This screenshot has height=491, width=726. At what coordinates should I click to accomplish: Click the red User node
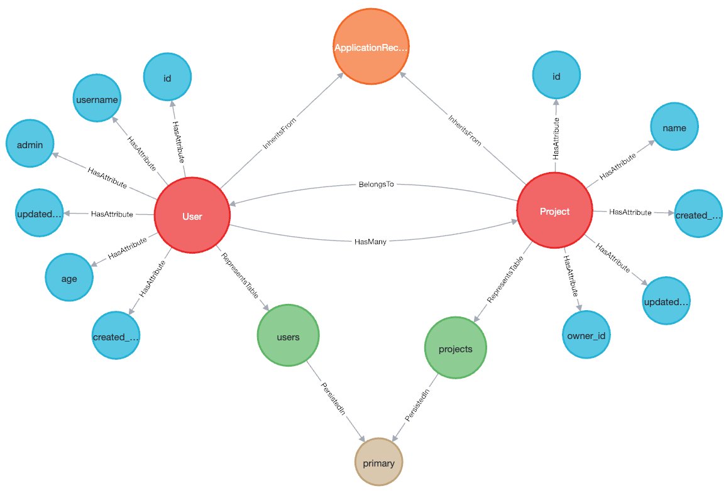pos(192,216)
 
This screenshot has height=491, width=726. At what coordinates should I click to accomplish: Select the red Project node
pos(554,212)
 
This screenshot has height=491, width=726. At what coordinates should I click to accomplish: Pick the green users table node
pos(288,337)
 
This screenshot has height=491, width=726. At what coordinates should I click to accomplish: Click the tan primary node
pos(378,463)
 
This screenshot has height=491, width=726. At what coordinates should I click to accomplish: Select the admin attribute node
pos(30,145)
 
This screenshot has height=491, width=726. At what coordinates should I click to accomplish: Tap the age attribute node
pos(69,278)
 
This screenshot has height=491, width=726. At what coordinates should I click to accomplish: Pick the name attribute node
pos(674,128)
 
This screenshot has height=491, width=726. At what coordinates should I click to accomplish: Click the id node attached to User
pos(167,77)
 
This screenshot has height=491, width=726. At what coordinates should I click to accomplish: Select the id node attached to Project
pos(556,77)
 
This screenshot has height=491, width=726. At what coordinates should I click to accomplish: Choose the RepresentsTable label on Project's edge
pos(500,286)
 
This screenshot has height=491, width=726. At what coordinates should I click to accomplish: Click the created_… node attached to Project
pos(698,215)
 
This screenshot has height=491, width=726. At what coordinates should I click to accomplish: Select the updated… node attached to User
pos(40,215)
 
